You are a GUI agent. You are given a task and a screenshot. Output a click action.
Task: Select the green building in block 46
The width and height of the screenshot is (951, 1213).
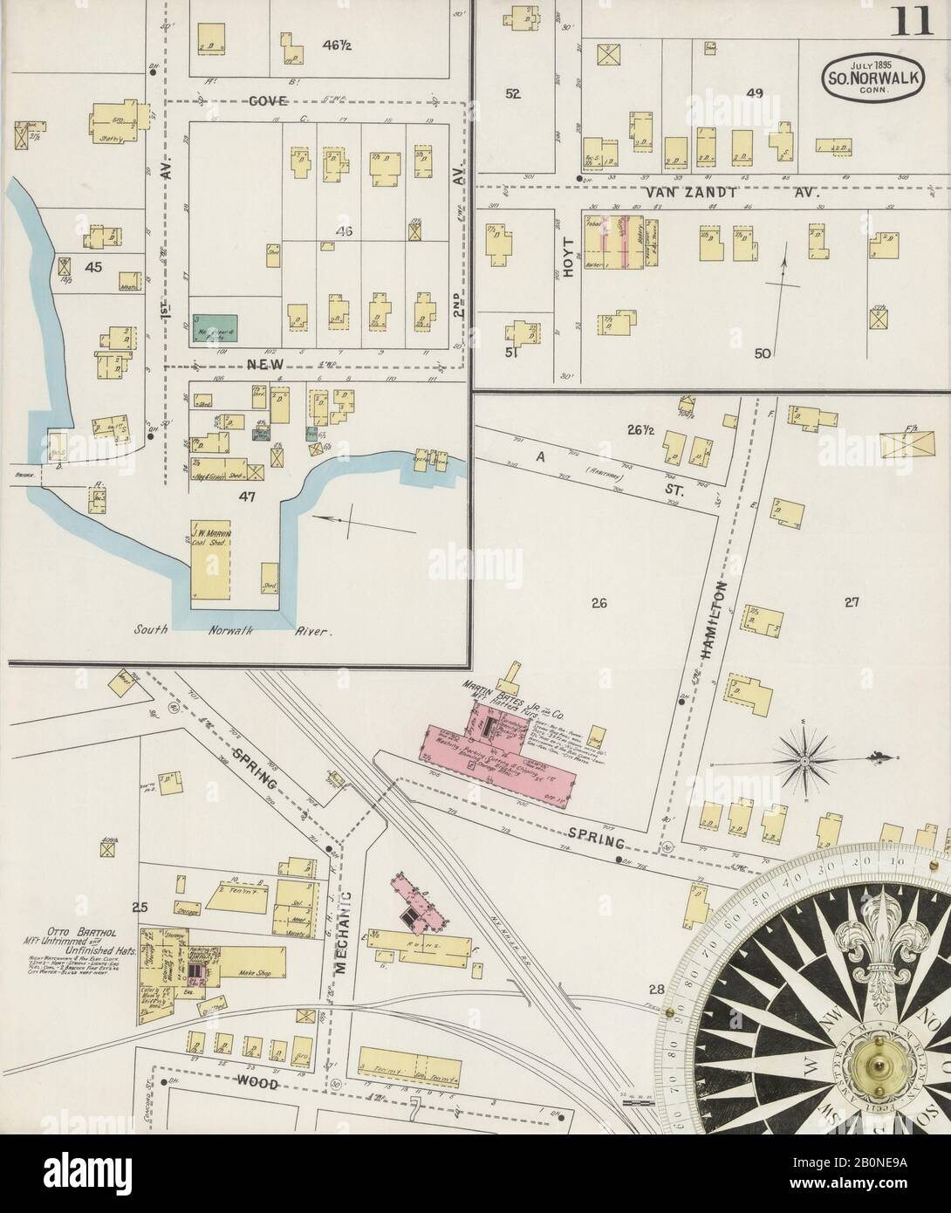click(215, 327)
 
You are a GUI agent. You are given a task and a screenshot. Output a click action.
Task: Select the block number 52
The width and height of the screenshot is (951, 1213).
click(513, 94)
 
